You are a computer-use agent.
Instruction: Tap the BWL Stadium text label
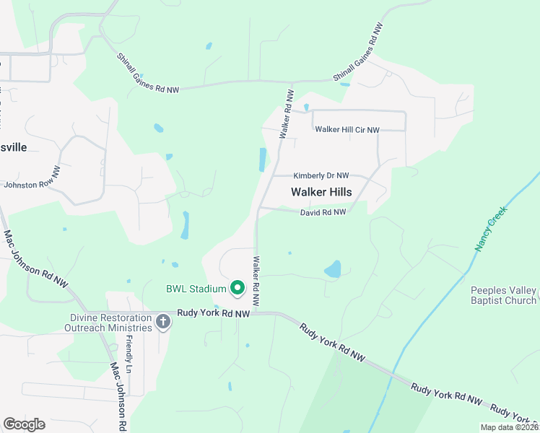pos(196,289)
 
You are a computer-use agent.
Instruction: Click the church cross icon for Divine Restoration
pos(163,322)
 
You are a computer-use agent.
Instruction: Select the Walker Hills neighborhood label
pos(321,192)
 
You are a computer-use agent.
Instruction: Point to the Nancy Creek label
pos(492,228)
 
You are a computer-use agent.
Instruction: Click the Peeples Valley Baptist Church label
pos(503,295)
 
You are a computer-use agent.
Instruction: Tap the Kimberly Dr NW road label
pos(321,175)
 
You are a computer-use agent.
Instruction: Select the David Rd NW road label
pos(323,212)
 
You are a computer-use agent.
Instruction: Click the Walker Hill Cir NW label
pos(347,130)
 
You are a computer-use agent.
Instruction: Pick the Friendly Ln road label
pos(129,354)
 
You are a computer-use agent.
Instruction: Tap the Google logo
pos(24,424)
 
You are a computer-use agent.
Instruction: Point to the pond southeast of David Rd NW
pos(333,270)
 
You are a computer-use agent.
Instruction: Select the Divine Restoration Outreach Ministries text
pos(111,322)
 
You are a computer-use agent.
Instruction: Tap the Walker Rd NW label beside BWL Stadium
pos(256,280)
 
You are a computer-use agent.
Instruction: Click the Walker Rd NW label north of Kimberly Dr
pos(287,114)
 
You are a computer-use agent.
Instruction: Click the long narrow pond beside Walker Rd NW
pos(263,159)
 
